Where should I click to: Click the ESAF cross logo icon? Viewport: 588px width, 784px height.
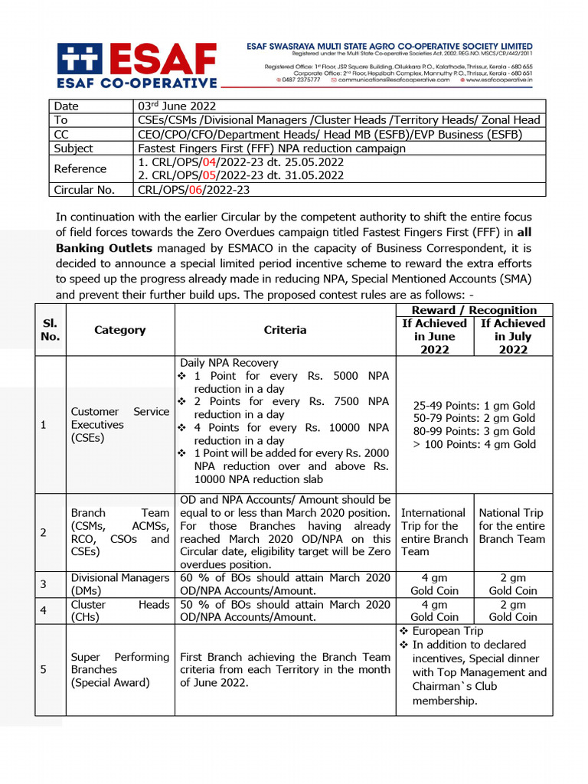pos(79,57)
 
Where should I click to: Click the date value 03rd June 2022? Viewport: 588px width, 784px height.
pos(176,106)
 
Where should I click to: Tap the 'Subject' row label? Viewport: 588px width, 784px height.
pos(73,149)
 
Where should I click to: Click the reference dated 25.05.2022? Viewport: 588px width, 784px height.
pos(240,162)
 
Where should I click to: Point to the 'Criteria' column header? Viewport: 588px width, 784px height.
pos(285,330)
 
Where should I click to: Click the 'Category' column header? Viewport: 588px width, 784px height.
pos(119,330)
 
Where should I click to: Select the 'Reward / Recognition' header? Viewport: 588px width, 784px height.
pos(474,310)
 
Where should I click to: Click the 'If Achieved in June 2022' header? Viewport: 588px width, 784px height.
pos(435,336)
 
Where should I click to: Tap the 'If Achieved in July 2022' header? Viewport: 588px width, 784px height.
pos(513,336)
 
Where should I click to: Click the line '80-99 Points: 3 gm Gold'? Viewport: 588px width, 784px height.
pos(474,431)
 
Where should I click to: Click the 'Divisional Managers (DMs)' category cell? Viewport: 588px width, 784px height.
pos(119,584)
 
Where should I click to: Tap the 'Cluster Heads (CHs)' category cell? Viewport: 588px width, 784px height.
pos(119,610)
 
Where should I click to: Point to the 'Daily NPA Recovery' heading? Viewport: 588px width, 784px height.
pos(229,363)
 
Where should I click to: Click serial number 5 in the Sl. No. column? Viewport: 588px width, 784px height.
pos(44,669)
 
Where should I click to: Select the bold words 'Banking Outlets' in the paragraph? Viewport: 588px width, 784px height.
pos(103,248)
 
